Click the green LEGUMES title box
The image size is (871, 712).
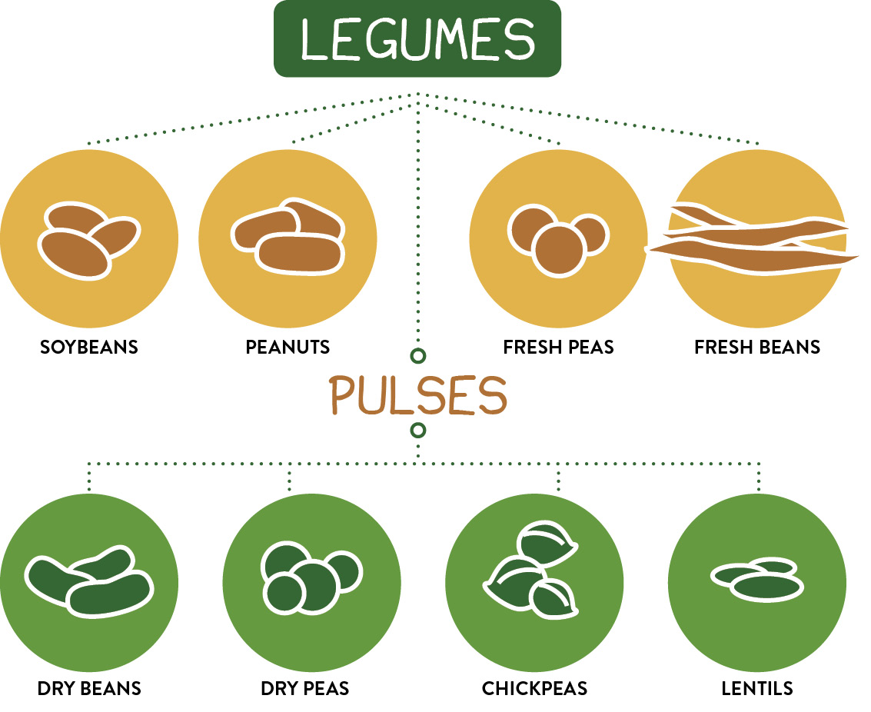[x=417, y=38]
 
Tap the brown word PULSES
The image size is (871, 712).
[x=418, y=394]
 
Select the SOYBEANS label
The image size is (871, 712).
[x=89, y=347]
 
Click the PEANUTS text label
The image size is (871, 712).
[x=288, y=347]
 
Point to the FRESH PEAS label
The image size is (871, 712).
[x=558, y=347]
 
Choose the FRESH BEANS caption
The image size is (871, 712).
[x=757, y=347]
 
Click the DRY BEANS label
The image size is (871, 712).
[x=89, y=687]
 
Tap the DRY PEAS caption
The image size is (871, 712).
[x=305, y=687]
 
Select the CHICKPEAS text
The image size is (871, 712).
[x=534, y=687]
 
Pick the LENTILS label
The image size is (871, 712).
[x=757, y=687]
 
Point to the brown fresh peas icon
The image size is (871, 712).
[x=557, y=238]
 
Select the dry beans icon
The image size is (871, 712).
[x=89, y=581]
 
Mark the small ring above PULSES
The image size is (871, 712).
[x=418, y=356]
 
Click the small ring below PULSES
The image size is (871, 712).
[x=418, y=429]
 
